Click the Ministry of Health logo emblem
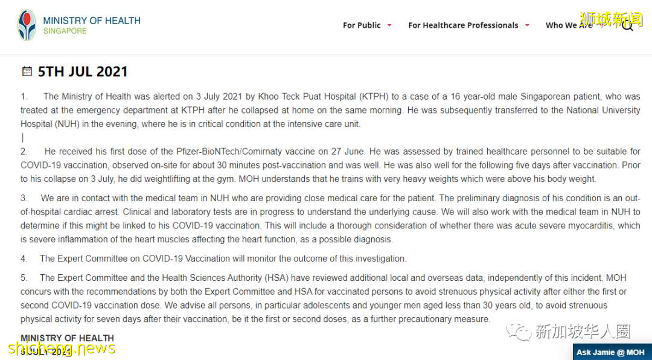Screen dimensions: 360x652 point(27,25)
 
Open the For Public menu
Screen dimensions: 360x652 point(362,25)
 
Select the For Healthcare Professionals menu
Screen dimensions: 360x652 point(463,25)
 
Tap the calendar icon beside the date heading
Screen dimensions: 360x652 point(27,72)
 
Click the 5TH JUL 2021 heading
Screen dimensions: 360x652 point(83,72)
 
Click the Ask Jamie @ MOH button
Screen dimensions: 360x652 point(610,352)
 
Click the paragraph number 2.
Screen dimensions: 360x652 point(24,152)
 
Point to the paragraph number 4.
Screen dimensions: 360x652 point(24,259)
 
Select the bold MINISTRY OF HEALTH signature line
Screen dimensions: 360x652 point(67,338)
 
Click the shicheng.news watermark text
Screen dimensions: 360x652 point(60,348)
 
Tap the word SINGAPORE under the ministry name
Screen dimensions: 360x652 point(65,31)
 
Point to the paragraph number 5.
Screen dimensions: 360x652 point(24,278)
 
